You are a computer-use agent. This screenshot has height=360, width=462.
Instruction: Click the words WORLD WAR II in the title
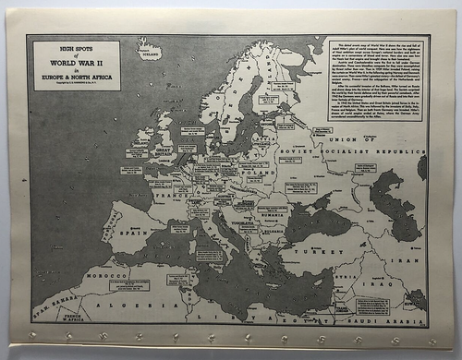point(77,60)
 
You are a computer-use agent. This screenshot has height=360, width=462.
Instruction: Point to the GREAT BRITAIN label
point(164,150)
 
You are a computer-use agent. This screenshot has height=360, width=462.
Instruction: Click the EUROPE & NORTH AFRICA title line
point(77,77)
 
